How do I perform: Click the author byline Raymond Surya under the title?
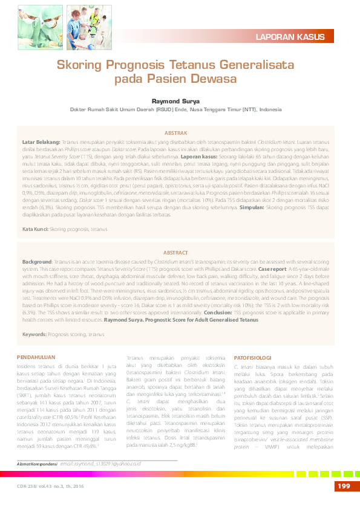coord(180,101)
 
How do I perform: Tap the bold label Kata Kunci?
coord(35,230)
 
